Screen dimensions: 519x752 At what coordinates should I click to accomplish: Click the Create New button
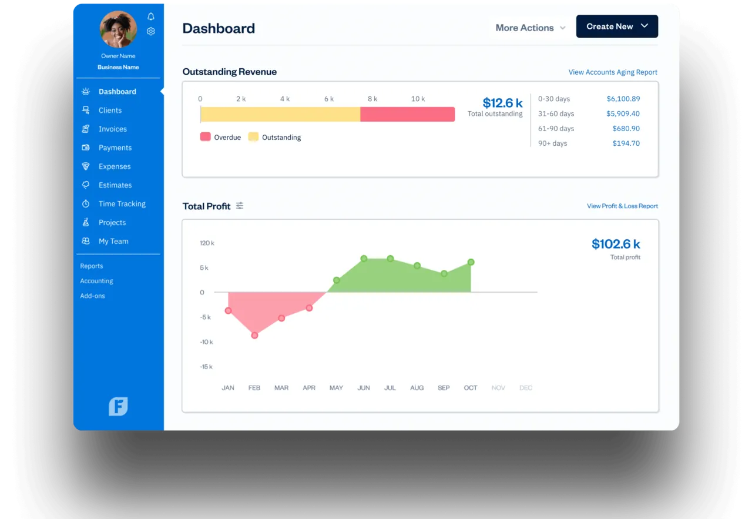(x=617, y=26)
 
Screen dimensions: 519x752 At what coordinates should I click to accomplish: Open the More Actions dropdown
(x=530, y=28)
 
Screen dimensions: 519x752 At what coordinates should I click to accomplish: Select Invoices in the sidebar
(x=112, y=129)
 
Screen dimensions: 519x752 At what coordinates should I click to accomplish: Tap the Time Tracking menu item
(x=122, y=204)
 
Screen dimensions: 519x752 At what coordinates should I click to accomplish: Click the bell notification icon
(x=151, y=16)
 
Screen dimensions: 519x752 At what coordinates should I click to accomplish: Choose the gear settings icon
(x=151, y=31)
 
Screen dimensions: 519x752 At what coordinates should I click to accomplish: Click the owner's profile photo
(x=118, y=29)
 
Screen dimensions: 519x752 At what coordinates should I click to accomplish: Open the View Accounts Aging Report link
(x=613, y=72)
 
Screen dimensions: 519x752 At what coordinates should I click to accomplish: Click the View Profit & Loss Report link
(x=622, y=206)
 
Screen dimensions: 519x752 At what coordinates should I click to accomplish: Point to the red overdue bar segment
(x=407, y=114)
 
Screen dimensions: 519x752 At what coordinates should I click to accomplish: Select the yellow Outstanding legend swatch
(x=253, y=137)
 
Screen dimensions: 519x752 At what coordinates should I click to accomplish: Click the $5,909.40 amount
(x=623, y=113)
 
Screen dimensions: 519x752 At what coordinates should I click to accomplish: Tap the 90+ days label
(x=552, y=143)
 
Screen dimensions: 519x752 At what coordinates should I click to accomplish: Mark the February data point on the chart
(x=254, y=335)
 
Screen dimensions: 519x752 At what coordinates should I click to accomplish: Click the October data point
(x=471, y=262)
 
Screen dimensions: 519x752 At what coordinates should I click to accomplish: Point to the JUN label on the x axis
(x=364, y=388)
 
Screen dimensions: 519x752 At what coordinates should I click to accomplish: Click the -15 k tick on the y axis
(x=206, y=367)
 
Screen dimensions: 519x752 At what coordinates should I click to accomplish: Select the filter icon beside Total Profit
(x=240, y=206)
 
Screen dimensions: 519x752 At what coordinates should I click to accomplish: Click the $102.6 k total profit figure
(x=616, y=244)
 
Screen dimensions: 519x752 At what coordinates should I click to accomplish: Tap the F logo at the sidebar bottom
(x=118, y=406)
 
